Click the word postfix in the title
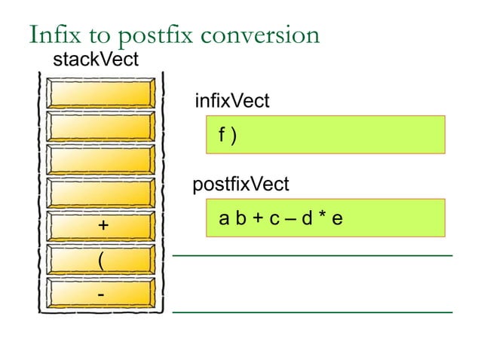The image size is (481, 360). pyautogui.click(x=145, y=35)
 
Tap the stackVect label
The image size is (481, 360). pyautogui.click(x=95, y=60)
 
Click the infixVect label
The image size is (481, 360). pyautogui.click(x=231, y=101)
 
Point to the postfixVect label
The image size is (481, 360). pyautogui.click(x=241, y=184)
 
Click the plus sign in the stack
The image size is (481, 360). pyautogui.click(x=102, y=225)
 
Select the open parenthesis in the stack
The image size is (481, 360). pyautogui.click(x=100, y=260)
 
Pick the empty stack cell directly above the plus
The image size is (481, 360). pyautogui.click(x=102, y=191)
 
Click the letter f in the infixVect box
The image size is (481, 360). pyautogui.click(x=222, y=136)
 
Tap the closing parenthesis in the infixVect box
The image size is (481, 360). pyautogui.click(x=234, y=136)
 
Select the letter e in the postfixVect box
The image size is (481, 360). pyautogui.click(x=337, y=219)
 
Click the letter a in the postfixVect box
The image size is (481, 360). pyautogui.click(x=224, y=219)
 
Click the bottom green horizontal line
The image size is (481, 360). pyautogui.click(x=312, y=310)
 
